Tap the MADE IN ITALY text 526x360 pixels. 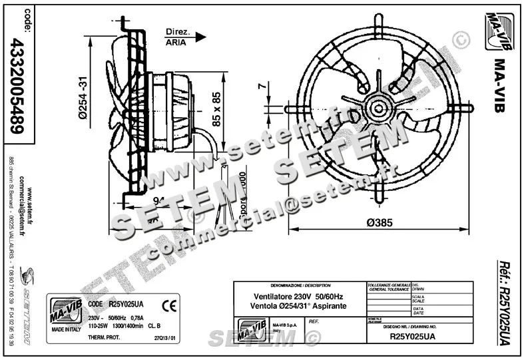coord(66,329)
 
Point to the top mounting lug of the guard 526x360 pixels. coord(378,21)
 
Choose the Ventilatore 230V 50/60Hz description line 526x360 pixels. coord(300,295)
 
